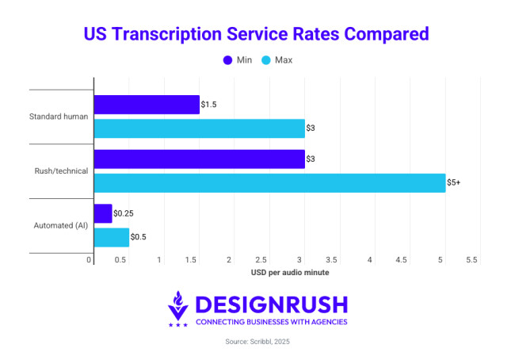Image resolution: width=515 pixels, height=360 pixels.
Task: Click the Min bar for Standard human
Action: (147, 105)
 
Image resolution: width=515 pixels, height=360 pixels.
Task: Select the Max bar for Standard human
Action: (199, 128)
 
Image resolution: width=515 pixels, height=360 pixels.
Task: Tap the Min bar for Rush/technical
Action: (199, 159)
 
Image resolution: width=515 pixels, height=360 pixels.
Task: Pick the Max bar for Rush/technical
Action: (269, 182)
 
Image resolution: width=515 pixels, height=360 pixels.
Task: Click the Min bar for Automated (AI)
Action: (103, 213)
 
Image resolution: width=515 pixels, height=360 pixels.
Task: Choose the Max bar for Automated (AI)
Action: (112, 237)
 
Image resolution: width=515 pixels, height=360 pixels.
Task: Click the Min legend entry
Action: (237, 60)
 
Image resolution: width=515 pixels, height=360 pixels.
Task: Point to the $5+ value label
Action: (454, 182)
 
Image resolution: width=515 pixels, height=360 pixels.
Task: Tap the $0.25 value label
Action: (123, 213)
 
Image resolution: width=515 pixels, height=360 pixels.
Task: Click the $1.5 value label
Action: (209, 105)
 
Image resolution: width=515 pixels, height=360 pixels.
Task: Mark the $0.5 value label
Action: (139, 237)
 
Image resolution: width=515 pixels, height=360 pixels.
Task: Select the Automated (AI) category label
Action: (61, 225)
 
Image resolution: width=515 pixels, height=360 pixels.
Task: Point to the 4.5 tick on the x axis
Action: (402, 260)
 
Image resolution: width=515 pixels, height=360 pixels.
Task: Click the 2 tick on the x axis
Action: (229, 260)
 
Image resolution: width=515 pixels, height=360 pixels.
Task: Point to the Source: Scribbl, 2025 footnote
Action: (257, 343)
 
